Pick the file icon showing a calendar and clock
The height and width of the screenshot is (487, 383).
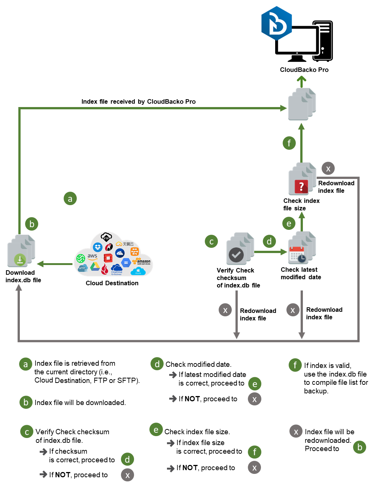click(x=301, y=249)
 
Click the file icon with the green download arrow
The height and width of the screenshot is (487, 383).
click(x=21, y=252)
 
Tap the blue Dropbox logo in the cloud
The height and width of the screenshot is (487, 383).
click(x=98, y=247)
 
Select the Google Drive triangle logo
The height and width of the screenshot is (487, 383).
click(x=95, y=267)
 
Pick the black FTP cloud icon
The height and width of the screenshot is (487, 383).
click(x=106, y=237)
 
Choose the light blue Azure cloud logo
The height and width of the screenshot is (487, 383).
click(x=138, y=271)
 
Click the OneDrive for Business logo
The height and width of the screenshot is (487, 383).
click(x=116, y=269)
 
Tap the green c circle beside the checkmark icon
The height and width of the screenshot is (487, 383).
click(x=211, y=241)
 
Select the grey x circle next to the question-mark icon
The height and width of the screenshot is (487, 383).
click(x=328, y=168)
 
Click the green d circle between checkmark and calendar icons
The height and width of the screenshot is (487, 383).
click(x=269, y=241)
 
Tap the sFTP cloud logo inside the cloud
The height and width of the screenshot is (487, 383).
click(x=82, y=268)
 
